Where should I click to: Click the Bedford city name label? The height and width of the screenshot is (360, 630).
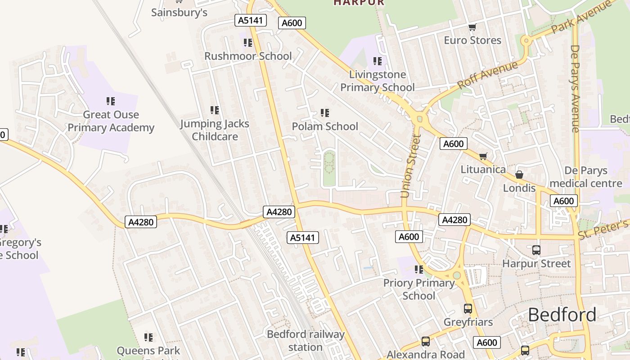click(x=562, y=314)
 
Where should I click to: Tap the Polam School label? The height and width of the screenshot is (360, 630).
click(x=325, y=126)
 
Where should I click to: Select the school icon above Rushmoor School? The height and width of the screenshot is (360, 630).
click(x=247, y=43)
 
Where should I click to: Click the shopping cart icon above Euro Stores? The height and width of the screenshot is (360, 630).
click(x=472, y=27)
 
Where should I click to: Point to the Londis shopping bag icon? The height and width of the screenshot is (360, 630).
click(x=519, y=175)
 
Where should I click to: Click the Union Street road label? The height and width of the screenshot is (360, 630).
click(x=410, y=166)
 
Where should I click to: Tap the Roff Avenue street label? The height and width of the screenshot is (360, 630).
click(x=488, y=75)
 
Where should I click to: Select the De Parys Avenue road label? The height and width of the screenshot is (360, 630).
click(x=575, y=88)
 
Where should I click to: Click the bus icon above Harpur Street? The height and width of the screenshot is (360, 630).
click(x=536, y=250)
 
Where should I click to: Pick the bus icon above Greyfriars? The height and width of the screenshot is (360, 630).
click(x=468, y=309)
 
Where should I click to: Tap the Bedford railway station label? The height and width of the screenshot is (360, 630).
click(x=306, y=341)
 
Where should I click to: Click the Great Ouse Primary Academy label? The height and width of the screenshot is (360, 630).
click(x=111, y=121)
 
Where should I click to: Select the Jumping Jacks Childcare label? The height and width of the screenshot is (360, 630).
click(x=215, y=130)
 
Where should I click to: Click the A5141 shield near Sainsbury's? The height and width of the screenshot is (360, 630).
click(x=251, y=20)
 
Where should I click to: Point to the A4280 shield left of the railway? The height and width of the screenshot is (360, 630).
click(x=141, y=222)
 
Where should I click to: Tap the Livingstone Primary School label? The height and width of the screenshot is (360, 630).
click(x=377, y=81)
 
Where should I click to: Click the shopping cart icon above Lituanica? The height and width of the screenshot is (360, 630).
click(x=483, y=156)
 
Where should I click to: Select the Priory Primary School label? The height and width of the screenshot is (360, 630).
click(x=419, y=289)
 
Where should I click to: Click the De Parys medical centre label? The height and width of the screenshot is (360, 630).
click(x=586, y=177)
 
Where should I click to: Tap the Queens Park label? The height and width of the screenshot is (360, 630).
click(x=148, y=351)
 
